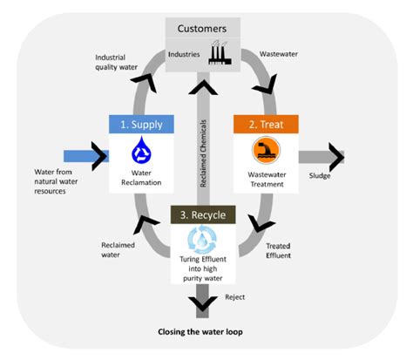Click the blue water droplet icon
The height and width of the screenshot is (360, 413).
click(x=141, y=153)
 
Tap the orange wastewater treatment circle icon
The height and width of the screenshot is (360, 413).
click(x=265, y=153)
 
